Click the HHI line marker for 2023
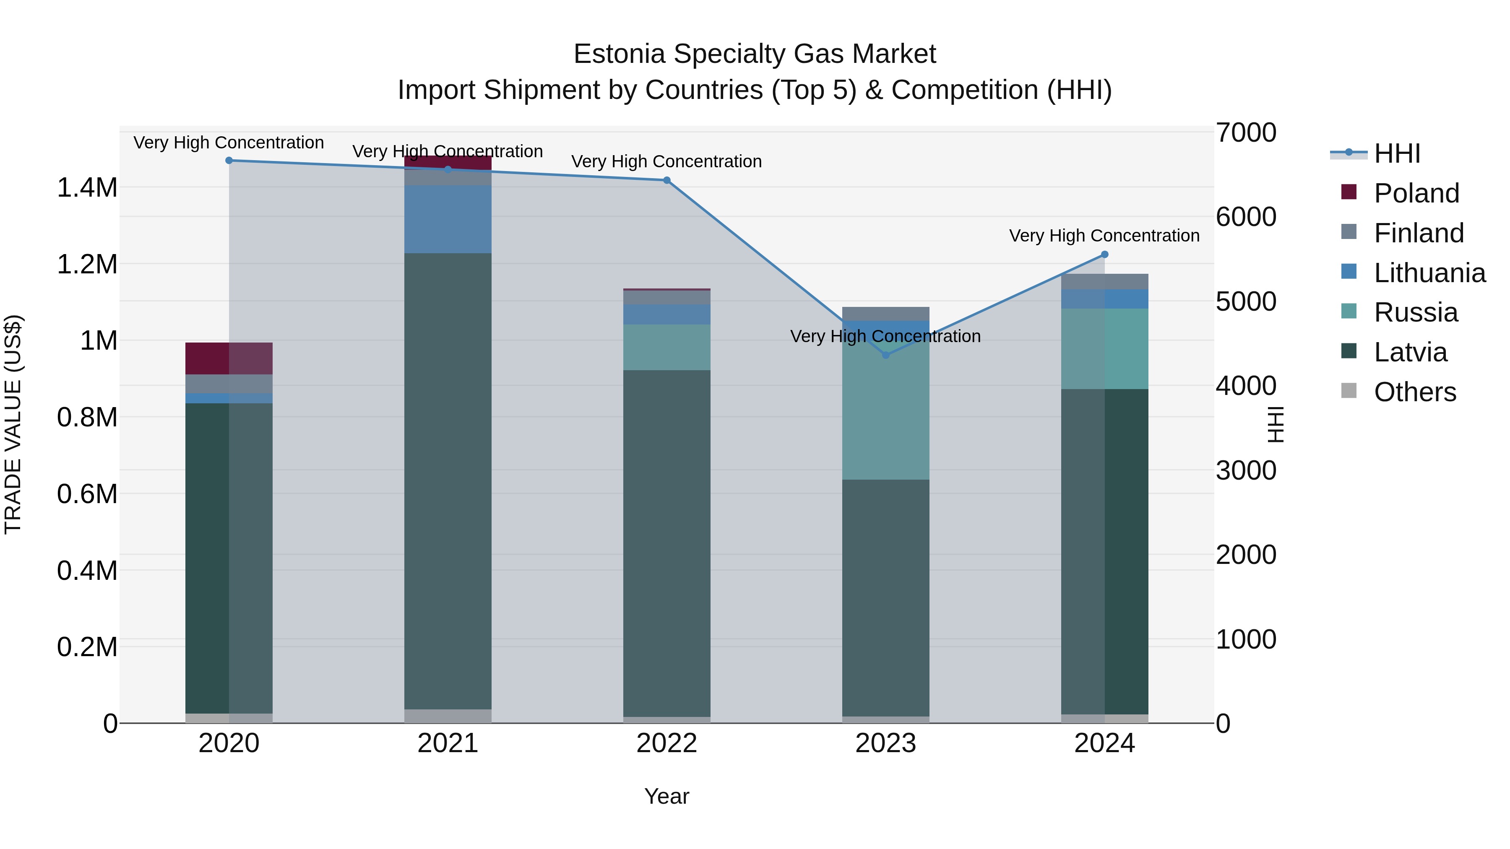coord(886,355)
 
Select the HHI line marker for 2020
coord(229,161)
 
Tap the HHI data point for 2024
coord(1104,254)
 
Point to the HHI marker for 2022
coord(666,180)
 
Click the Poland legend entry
coord(1416,193)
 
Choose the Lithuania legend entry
coord(1429,273)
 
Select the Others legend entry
coord(1414,392)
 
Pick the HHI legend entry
coord(1396,153)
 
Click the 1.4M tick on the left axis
coord(87,188)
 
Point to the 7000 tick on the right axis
coord(1246,132)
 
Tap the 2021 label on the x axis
coord(448,743)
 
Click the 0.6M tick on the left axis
coord(87,494)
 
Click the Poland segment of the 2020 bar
coord(229,358)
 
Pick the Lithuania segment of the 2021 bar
coord(448,219)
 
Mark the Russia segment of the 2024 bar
coord(1104,349)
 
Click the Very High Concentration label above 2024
coord(1104,236)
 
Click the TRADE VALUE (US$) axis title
coord(13,424)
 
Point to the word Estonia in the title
coord(619,54)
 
